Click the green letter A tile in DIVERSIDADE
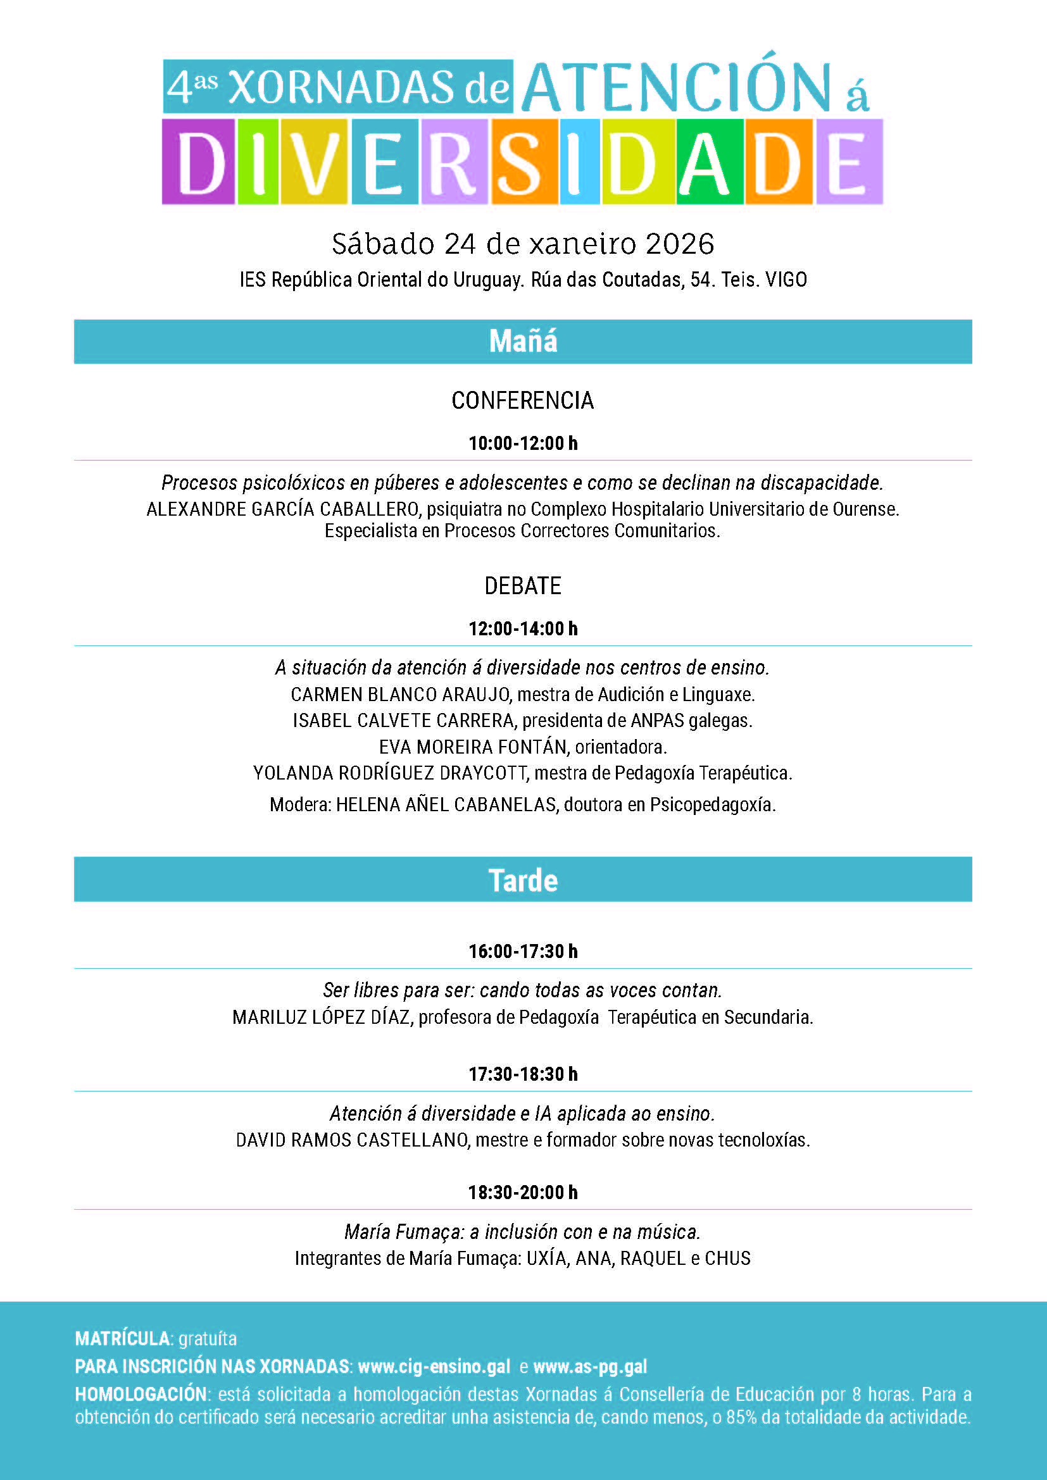[x=709, y=163]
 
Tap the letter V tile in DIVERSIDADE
[x=315, y=163]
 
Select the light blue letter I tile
[x=580, y=163]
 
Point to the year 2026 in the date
[x=679, y=244]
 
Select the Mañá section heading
[x=523, y=342]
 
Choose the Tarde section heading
[x=523, y=881]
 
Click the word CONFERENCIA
[x=522, y=401]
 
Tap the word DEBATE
[x=523, y=586]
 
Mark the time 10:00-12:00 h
[x=523, y=444]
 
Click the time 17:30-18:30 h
[x=523, y=1074]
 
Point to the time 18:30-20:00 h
[x=523, y=1193]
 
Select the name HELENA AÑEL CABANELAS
[x=446, y=805]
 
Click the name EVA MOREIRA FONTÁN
[x=473, y=747]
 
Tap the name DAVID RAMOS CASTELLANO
[x=352, y=1140]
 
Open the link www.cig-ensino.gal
[x=434, y=1367]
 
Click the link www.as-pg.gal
[x=590, y=1367]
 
